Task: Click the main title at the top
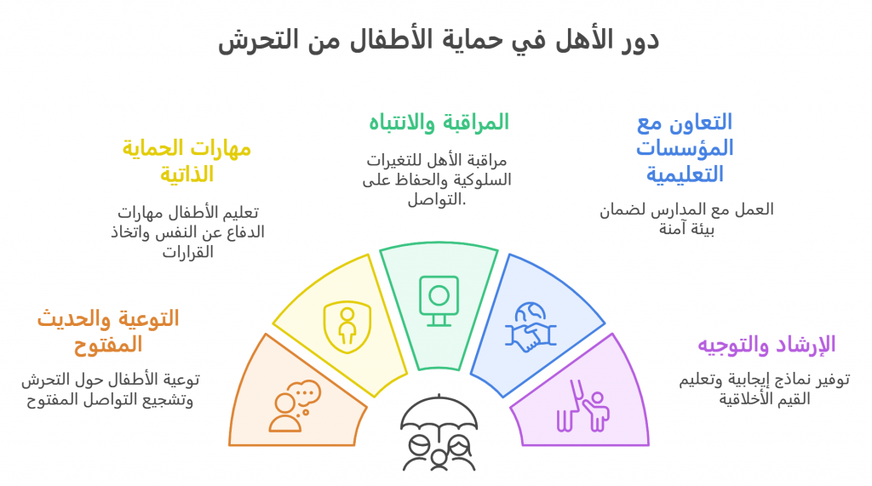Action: tap(439, 40)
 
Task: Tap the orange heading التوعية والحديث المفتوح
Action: tap(108, 331)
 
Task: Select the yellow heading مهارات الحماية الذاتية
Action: tap(186, 161)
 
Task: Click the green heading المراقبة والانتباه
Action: tap(439, 123)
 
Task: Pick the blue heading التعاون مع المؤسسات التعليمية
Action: tap(685, 148)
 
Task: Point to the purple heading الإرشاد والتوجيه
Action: tap(766, 345)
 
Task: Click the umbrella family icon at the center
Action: tap(439, 432)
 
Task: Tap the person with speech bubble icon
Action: tap(295, 406)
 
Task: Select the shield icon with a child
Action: tap(347, 327)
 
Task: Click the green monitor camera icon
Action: tap(439, 300)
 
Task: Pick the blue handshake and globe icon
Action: tap(531, 327)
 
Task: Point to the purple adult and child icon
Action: tap(582, 406)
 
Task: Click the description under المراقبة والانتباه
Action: tap(437, 180)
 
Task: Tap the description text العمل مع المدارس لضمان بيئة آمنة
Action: tap(686, 219)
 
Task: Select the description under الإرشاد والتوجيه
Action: tap(764, 389)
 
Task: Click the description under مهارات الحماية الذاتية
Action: tap(187, 232)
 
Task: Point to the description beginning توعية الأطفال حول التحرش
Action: tap(110, 389)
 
